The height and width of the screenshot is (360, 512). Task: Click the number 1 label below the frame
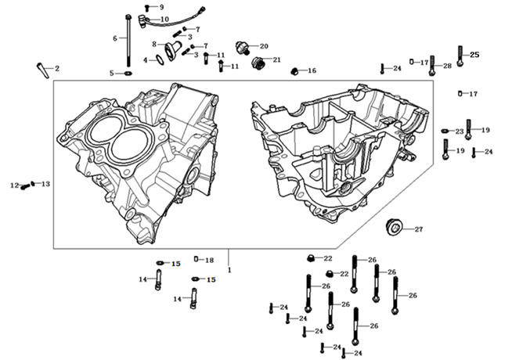click(229, 270)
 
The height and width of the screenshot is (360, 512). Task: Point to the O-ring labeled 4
click(160, 59)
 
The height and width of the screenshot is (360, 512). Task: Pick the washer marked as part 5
click(128, 74)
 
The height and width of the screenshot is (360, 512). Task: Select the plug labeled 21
click(257, 61)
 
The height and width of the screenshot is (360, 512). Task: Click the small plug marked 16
click(294, 71)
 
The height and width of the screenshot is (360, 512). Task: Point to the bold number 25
click(474, 54)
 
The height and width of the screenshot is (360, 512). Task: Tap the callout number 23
click(460, 131)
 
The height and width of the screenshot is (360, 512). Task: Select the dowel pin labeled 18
click(198, 260)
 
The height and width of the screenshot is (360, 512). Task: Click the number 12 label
click(13, 185)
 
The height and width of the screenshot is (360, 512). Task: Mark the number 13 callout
click(45, 184)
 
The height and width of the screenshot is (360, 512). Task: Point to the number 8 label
click(154, 44)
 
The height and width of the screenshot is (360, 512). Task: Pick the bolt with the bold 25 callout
click(460, 56)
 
